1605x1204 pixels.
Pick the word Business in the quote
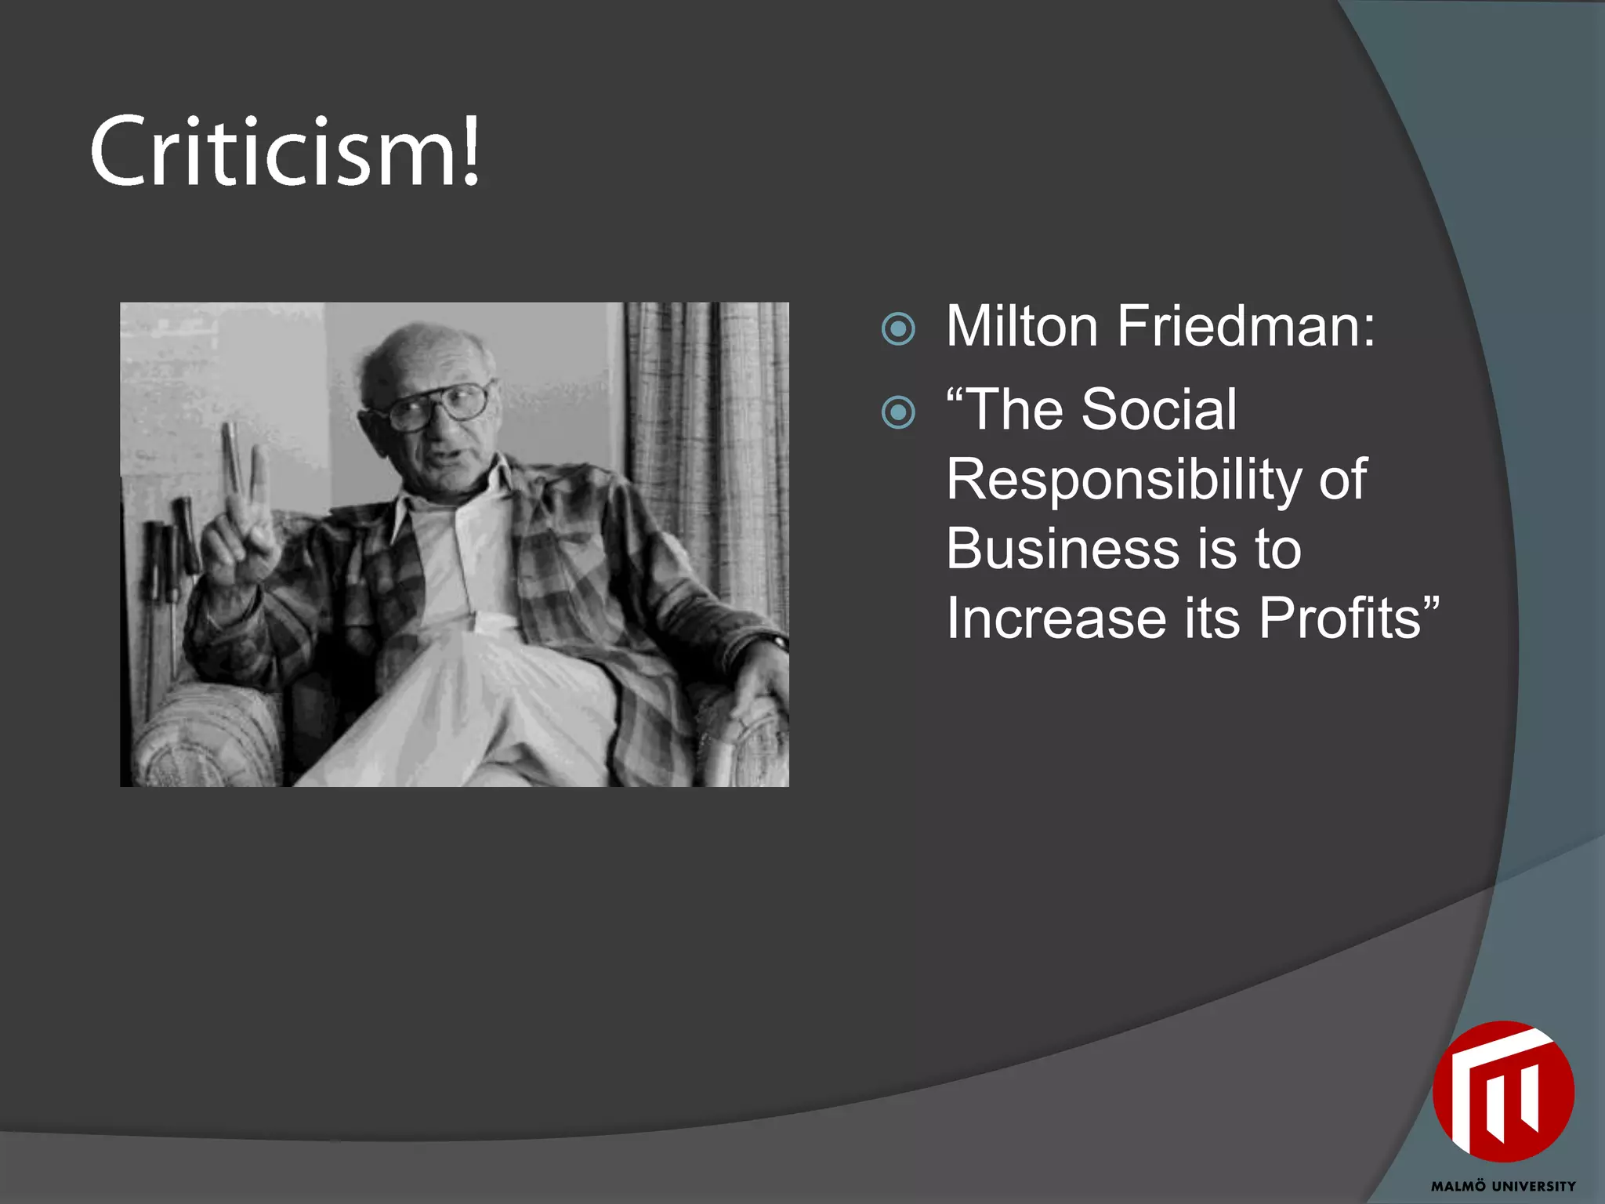click(x=1063, y=548)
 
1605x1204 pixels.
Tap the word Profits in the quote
click(x=1340, y=618)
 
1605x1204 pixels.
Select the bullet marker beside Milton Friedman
click(x=898, y=329)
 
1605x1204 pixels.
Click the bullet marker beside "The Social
click(x=898, y=412)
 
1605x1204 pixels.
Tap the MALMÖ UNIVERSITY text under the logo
click(x=1503, y=1186)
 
